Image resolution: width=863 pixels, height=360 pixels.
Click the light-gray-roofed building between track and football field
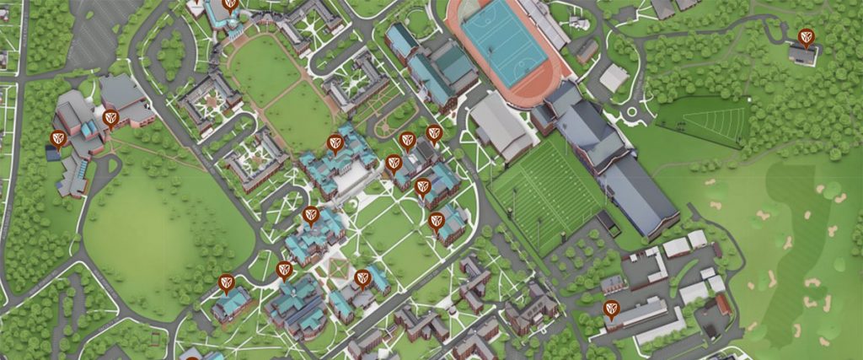coord(501,126)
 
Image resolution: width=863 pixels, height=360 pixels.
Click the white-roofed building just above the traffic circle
coord(614,78)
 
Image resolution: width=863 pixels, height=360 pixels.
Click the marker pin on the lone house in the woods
coord(806,37)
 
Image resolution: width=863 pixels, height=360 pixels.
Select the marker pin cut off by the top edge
coord(230,3)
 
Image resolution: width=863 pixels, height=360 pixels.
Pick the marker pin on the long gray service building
coord(611,309)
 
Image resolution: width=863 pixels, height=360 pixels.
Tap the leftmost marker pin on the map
coord(58,138)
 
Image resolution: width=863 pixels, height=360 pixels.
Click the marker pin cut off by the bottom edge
coord(192,357)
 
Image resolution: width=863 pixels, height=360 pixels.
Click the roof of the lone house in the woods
coord(802,56)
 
